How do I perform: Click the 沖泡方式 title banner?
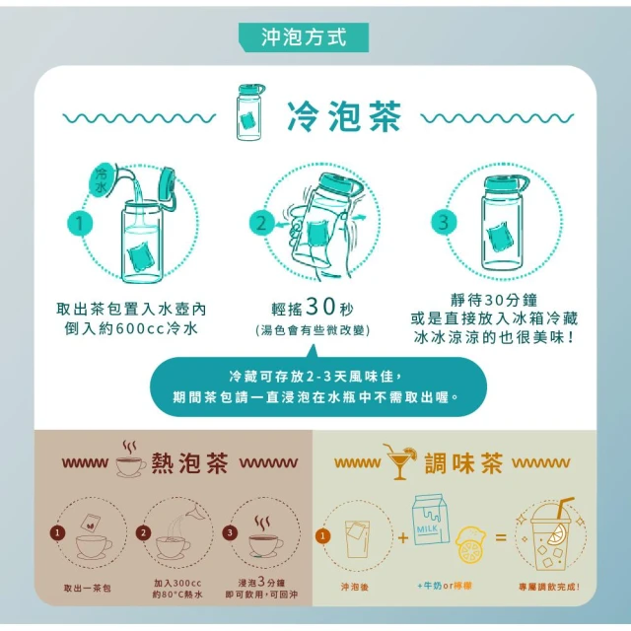pos(304,37)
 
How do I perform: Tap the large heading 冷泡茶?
pos(344,116)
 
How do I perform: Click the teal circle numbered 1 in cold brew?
pos(80,224)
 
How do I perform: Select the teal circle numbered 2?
pos(261,224)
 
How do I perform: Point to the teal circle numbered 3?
pos(444,222)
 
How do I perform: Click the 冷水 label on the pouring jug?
pos(101,180)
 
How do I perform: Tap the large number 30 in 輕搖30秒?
pos(320,307)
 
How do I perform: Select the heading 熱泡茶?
pos(190,462)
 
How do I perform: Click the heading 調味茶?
pos(464,462)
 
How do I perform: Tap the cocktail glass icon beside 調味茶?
pos(400,462)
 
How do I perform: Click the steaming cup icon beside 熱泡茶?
pos(131,459)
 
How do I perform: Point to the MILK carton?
pos(430,520)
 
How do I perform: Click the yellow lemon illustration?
pos(471,544)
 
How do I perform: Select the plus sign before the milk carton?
pos(403,537)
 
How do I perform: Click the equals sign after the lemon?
pos(501,536)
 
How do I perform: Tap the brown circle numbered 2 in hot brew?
pos(143,532)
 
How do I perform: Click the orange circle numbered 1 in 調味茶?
pos(322,536)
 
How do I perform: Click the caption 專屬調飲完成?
pos(549,588)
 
